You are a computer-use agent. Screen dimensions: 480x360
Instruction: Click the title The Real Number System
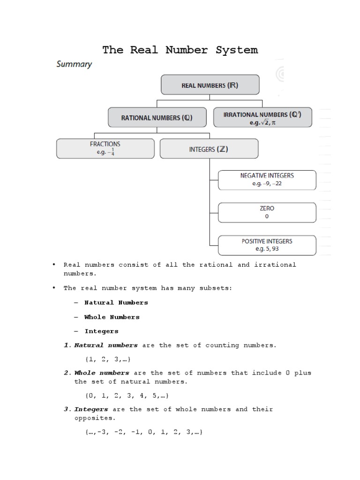(180, 50)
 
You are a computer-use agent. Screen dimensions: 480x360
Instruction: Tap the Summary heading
(74, 64)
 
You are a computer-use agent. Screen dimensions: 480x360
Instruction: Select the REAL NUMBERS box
(210, 86)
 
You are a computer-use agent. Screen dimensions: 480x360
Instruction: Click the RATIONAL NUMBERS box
(157, 118)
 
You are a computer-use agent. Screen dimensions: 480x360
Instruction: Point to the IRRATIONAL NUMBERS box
(262, 117)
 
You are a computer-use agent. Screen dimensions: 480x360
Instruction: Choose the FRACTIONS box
(105, 148)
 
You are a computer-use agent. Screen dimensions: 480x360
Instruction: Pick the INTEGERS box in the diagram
(209, 150)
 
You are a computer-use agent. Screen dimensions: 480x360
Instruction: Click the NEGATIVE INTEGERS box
(267, 180)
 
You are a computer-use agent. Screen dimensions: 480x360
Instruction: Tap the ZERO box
(267, 212)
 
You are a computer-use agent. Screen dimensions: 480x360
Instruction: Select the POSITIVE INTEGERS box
(267, 245)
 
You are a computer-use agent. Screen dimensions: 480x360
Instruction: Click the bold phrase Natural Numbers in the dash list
(116, 303)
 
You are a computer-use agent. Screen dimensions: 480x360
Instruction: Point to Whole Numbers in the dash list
(112, 317)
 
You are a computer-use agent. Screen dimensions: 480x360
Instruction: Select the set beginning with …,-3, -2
(143, 432)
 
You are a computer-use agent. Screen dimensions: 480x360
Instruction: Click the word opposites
(94, 418)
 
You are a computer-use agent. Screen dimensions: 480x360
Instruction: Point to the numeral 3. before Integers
(67, 409)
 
